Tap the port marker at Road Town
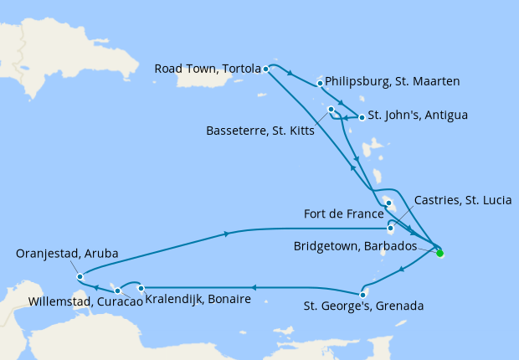(x=265, y=69)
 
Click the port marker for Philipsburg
(x=321, y=83)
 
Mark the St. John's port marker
(x=362, y=117)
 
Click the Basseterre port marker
(x=331, y=110)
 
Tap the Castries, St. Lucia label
(x=462, y=200)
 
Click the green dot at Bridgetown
(x=439, y=252)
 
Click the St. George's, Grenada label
(x=362, y=306)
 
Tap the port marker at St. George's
(x=362, y=294)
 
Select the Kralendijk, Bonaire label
(x=198, y=299)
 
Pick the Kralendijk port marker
(x=141, y=287)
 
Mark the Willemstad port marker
(x=118, y=291)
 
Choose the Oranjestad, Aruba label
(x=67, y=253)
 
